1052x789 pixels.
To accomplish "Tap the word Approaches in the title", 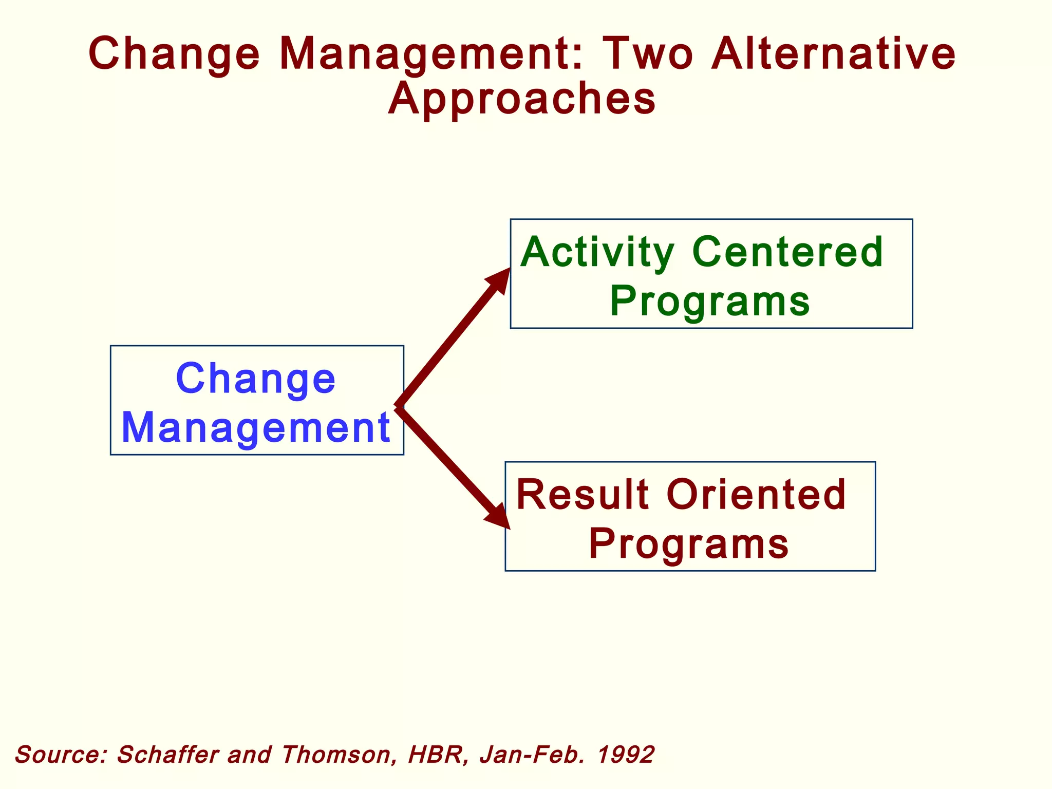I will click(x=522, y=99).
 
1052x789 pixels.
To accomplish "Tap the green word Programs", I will click(x=710, y=302).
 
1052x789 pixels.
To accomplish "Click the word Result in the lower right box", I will click(x=583, y=495).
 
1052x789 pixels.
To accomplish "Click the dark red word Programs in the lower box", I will click(x=688, y=544).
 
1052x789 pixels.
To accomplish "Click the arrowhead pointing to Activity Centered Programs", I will click(x=499, y=280).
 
